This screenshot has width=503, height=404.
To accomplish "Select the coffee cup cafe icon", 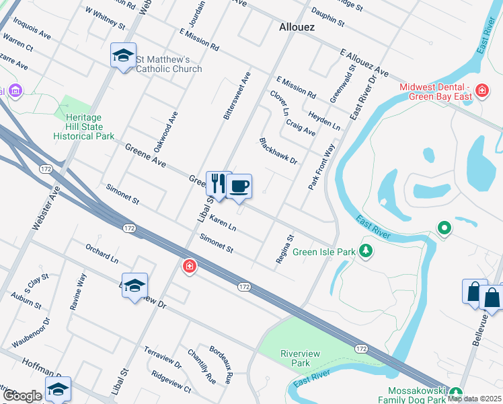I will (239, 186).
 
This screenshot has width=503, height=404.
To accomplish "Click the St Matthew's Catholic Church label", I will (169, 64).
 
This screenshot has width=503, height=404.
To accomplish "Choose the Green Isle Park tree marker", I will (366, 251).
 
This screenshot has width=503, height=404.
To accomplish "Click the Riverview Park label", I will (300, 358).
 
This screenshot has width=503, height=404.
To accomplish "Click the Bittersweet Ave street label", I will (236, 96).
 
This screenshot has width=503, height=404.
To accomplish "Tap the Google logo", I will (22, 396).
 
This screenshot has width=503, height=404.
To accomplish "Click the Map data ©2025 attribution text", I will (474, 399).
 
